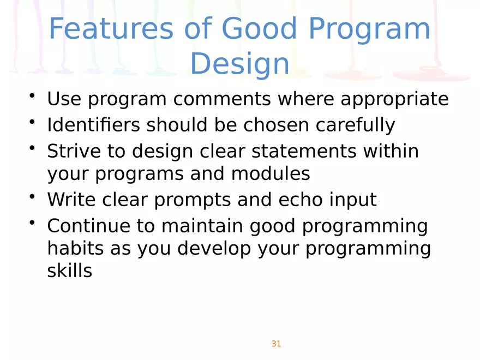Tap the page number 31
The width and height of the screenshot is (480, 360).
[276, 344]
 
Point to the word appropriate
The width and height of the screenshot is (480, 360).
[394, 100]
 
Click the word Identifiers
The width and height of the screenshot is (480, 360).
[92, 125]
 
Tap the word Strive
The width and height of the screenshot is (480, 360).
[71, 151]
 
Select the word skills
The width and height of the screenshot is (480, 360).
[69, 271]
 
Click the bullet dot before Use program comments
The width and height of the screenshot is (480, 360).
[33, 97]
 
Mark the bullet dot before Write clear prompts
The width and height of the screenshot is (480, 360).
[33, 196]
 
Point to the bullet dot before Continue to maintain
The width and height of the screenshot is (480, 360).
[33, 222]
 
